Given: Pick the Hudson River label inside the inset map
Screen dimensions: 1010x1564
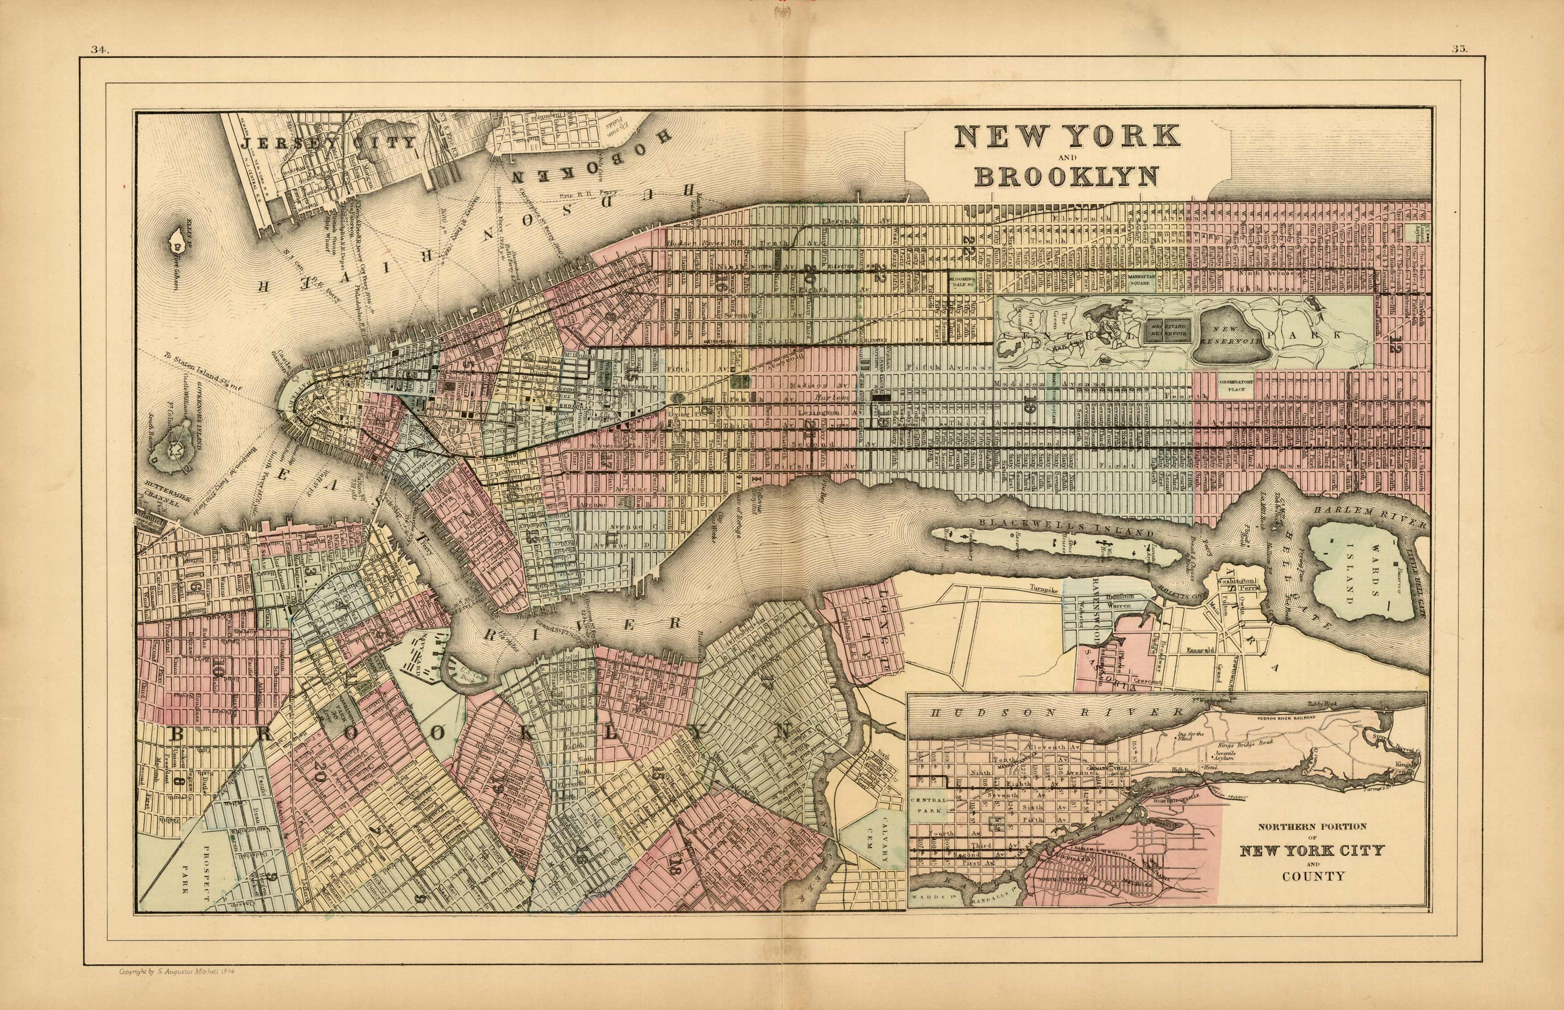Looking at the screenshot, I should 1049,711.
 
